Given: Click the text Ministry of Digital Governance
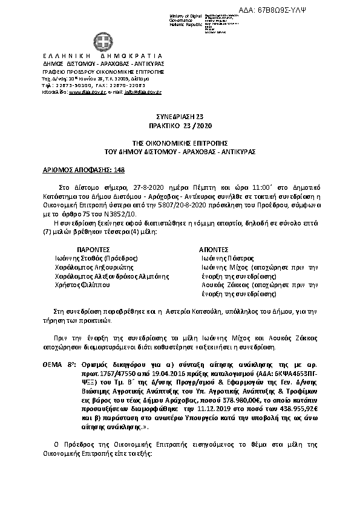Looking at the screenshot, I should pos(185,17).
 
